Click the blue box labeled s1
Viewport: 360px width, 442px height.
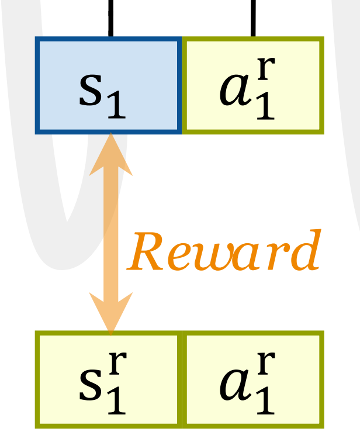109,85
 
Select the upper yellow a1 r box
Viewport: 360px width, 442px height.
253,85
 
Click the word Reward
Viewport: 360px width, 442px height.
224,253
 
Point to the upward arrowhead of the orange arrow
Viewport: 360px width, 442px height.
110,153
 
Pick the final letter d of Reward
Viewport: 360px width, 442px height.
306,250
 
